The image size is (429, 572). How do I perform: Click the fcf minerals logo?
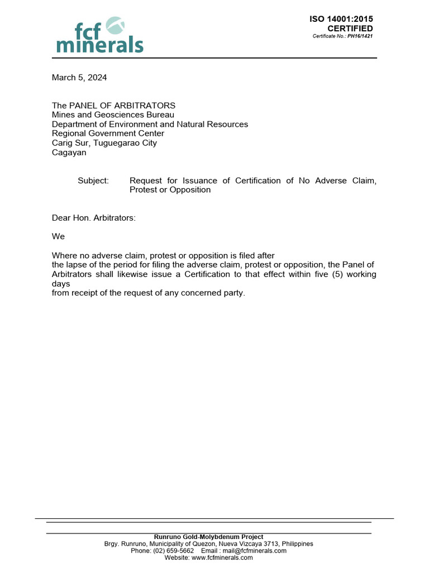100,35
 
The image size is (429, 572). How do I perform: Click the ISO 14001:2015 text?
341,20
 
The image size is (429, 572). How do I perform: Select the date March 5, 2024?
79,78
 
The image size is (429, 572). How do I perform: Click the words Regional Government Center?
108,134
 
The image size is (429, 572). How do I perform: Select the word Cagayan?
69,152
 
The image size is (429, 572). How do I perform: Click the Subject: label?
93,180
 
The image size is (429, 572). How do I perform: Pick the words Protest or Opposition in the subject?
170,190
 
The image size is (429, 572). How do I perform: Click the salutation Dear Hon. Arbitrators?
94,218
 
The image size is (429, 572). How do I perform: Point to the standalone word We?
59,237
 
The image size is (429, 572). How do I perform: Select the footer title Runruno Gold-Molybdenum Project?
208,537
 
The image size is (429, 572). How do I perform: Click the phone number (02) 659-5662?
170,551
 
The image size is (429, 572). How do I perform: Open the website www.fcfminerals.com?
222,557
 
